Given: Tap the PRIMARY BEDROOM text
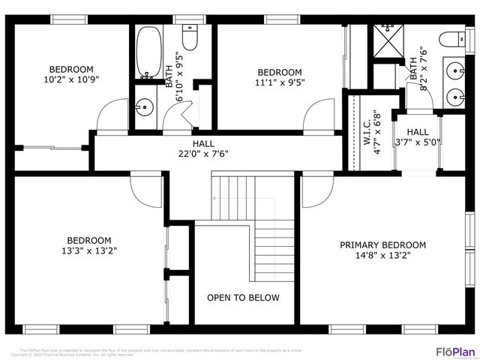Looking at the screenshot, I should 382,245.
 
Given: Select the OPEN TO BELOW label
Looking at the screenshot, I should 243,298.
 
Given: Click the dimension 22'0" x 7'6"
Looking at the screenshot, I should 198,154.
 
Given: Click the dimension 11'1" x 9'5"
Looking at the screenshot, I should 280,83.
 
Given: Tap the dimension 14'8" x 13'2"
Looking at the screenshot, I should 382,256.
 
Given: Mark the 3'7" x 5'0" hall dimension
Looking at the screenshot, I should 418,142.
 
